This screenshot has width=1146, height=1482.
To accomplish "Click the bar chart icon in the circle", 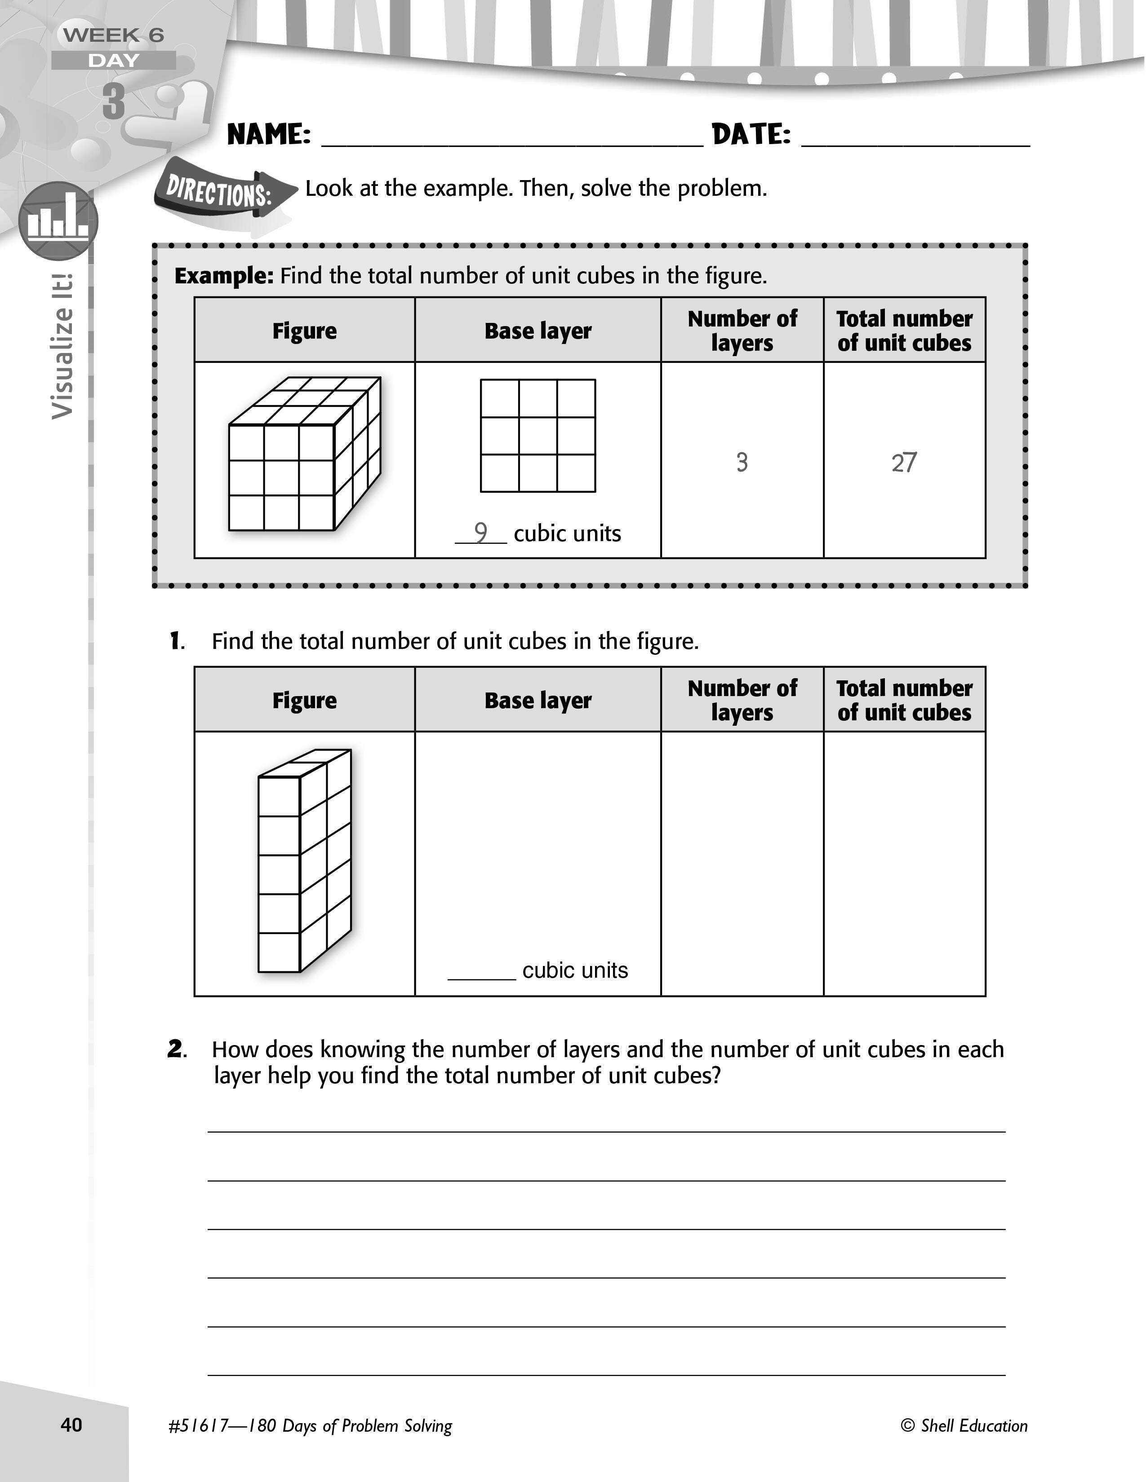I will (58, 221).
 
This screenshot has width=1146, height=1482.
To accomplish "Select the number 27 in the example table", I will (904, 463).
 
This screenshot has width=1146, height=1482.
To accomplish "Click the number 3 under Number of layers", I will (742, 463).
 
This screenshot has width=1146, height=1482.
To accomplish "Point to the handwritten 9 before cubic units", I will (481, 533).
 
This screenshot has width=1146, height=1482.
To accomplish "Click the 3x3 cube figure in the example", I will (304, 454).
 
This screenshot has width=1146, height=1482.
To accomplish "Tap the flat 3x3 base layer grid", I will (537, 436).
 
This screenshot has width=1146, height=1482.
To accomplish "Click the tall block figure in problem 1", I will (304, 860).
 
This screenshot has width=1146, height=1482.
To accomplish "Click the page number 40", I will (71, 1425).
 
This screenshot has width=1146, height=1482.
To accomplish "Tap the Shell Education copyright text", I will (964, 1426).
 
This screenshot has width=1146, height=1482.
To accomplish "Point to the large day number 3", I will (114, 102).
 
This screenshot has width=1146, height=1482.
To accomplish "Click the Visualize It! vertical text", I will (62, 346).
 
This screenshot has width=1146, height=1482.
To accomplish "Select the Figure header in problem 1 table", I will (304, 700).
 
